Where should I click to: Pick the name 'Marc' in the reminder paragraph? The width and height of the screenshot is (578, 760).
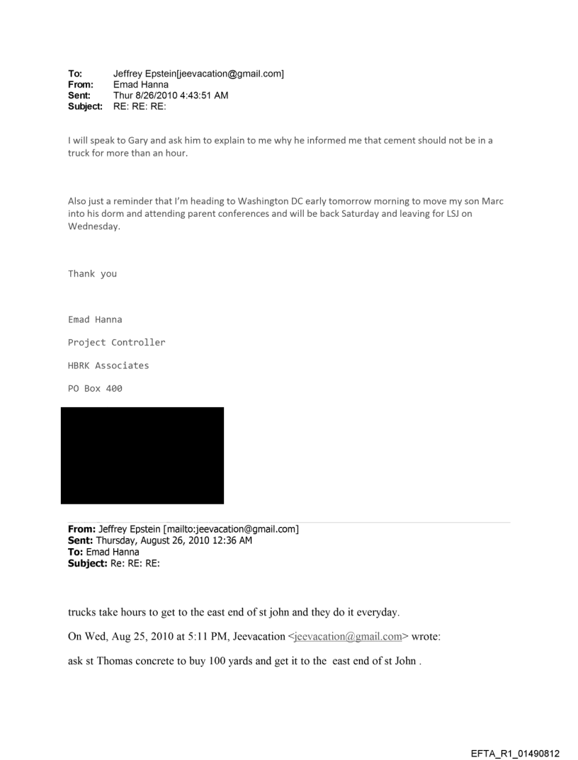(492, 200)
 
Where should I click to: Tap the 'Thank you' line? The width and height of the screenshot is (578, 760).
(92, 273)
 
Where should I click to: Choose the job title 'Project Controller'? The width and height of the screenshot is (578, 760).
(116, 342)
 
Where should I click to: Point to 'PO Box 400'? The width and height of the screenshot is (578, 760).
(95, 388)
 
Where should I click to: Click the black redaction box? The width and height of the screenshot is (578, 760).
(142, 455)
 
